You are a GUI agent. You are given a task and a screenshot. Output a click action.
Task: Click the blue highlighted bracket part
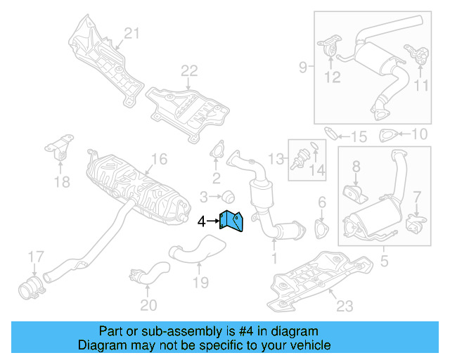[x=233, y=221]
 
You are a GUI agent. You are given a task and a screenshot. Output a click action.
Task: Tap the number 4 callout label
[x=202, y=221]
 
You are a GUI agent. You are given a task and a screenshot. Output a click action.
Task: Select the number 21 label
[x=132, y=32]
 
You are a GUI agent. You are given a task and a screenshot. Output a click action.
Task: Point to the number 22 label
[x=189, y=70]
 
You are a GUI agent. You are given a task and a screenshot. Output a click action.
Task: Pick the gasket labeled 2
[x=217, y=153]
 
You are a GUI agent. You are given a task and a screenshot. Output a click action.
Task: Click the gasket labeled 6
[x=321, y=230]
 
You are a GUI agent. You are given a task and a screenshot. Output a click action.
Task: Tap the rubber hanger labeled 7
[x=413, y=224]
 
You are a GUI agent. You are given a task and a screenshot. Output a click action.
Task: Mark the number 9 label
[x=303, y=67]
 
